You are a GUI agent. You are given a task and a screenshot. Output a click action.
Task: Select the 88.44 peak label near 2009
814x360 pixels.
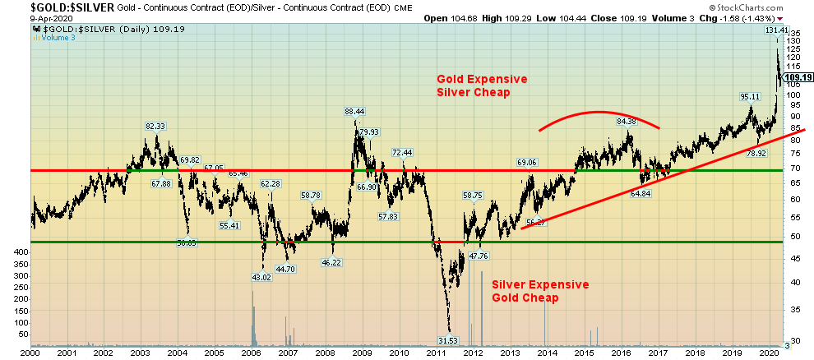[355, 111]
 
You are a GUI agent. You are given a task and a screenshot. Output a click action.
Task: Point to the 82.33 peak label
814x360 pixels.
[155, 126]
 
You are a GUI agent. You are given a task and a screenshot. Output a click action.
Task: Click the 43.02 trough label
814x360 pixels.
[261, 277]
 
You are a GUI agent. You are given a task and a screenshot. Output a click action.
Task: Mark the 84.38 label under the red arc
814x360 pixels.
[627, 122]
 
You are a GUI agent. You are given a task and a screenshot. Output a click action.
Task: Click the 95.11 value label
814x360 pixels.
[750, 97]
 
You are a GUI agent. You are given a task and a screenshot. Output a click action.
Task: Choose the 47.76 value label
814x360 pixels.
[478, 256]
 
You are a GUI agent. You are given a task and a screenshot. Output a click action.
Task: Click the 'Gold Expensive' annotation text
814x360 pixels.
[482, 79]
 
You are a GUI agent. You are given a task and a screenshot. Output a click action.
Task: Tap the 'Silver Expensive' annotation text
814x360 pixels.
[540, 284]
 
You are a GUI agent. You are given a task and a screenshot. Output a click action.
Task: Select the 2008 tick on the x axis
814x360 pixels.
[325, 353]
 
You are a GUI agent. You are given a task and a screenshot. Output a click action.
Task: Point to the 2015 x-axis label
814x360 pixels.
[584, 353]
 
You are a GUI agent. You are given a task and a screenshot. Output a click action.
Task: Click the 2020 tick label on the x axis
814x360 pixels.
[768, 353]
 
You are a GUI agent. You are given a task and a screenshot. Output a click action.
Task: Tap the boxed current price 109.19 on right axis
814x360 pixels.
[798, 77]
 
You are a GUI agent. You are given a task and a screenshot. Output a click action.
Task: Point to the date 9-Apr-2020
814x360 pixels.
[27, 17]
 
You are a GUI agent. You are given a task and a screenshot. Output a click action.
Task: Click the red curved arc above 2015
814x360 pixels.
[599, 112]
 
